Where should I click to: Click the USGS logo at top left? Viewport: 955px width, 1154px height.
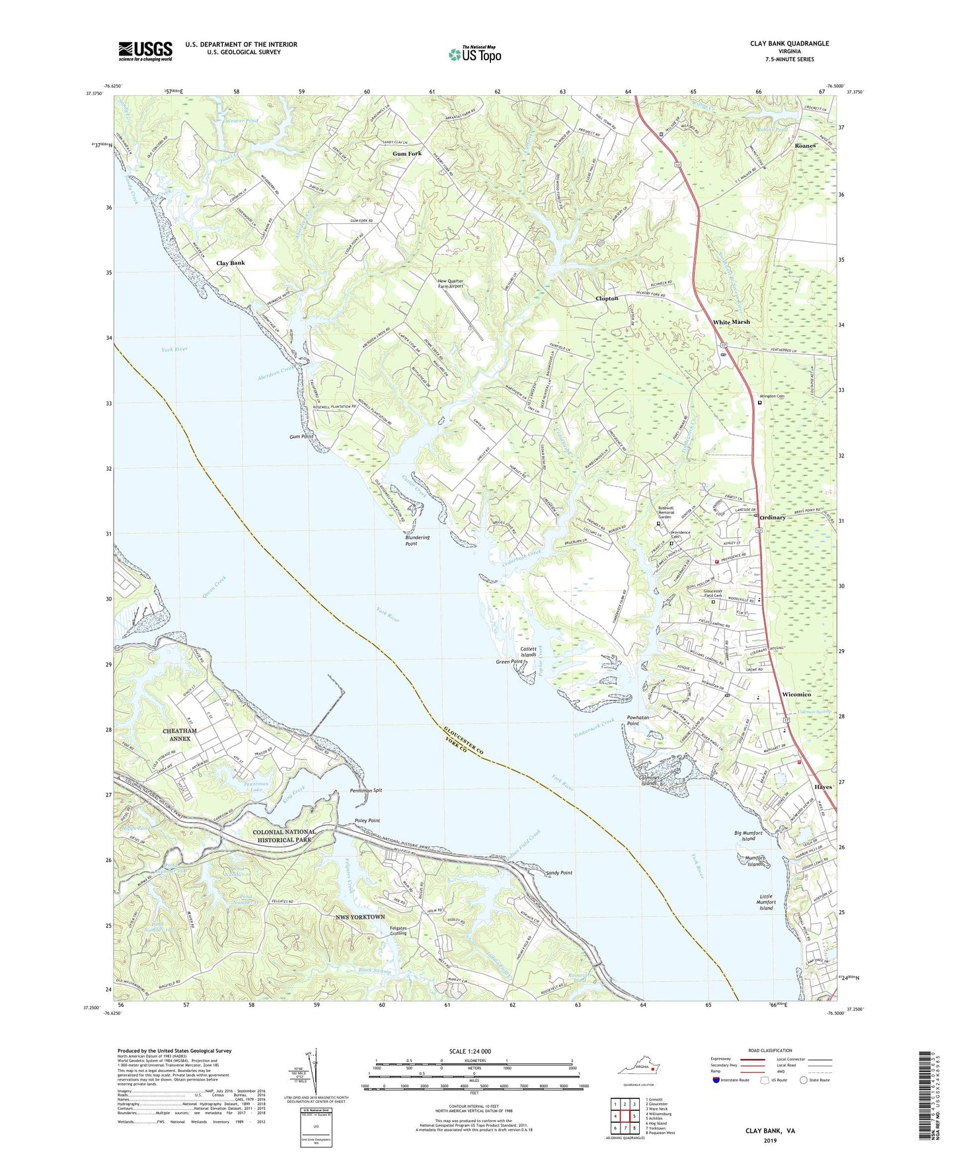coord(145,50)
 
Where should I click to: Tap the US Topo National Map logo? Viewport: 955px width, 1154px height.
coord(474,54)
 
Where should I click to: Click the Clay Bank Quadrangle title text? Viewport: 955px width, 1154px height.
coord(789,44)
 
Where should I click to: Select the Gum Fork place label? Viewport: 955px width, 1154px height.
coord(406,154)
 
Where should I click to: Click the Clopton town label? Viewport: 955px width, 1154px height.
coord(607,298)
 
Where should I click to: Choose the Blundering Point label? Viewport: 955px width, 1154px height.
coord(417,540)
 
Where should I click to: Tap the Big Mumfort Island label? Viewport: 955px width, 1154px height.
coord(748,835)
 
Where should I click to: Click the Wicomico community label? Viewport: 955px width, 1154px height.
coord(796,695)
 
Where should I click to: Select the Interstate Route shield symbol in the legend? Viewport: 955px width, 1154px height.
coord(717,1080)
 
